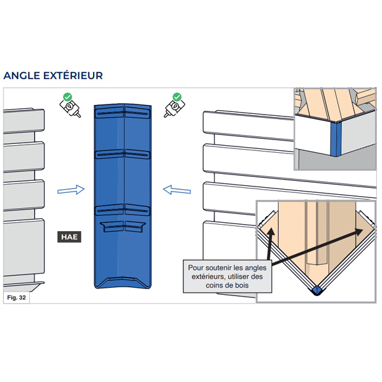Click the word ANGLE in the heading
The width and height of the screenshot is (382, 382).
pyautogui.click(x=22, y=76)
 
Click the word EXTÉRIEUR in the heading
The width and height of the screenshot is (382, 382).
pyautogui.click(x=73, y=76)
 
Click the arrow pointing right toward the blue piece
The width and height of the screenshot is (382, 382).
pyautogui.click(x=70, y=189)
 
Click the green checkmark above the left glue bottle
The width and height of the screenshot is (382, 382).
pyautogui.click(x=67, y=97)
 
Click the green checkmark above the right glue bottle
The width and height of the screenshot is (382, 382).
pyautogui.click(x=177, y=97)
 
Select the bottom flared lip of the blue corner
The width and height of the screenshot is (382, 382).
pyautogui.click(x=124, y=281)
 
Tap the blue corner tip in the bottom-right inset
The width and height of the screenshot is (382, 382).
pyautogui.click(x=316, y=290)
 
